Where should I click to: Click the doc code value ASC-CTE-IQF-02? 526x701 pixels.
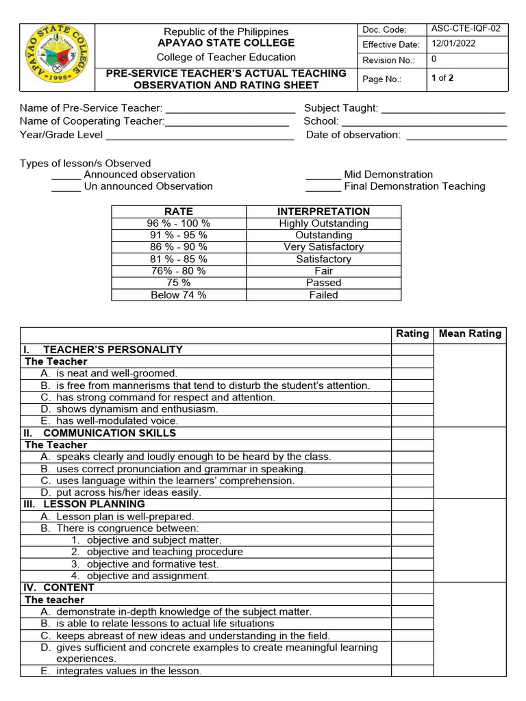(465, 29)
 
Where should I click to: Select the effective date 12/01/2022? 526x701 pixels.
(453, 44)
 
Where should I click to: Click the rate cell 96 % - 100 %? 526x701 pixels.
(179, 223)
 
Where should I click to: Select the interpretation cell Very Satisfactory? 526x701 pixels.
(323, 247)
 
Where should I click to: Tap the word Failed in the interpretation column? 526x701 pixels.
(323, 295)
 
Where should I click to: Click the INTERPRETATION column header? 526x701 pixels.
(323, 212)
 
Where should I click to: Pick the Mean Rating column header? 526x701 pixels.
(470, 334)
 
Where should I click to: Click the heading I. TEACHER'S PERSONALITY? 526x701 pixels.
(103, 350)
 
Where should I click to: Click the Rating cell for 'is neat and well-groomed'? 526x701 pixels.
(412, 373)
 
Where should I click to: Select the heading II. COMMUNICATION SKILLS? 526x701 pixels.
(100, 433)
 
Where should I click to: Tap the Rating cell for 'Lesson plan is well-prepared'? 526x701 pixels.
(412, 516)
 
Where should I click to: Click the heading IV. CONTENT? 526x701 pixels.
(60, 587)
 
